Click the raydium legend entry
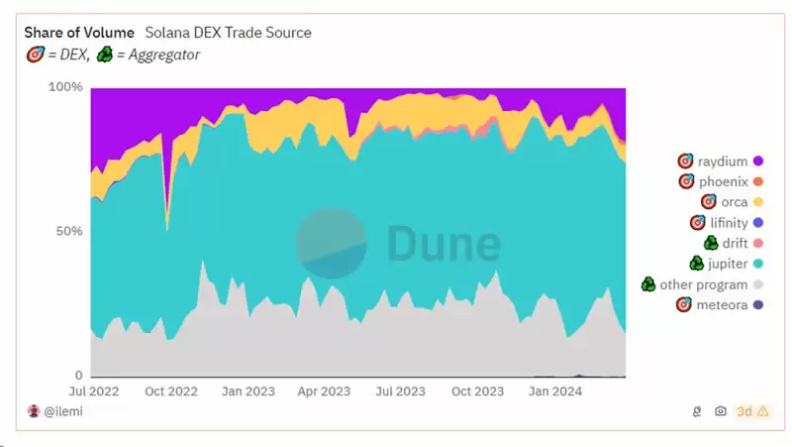point(723,161)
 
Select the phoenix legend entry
point(723,181)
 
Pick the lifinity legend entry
point(729,223)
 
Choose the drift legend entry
point(734,243)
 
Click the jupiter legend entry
point(727,264)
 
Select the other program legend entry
point(703,284)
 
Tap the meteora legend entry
point(722,305)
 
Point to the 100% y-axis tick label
point(65,87)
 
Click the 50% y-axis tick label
point(68,231)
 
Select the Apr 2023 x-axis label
point(325,391)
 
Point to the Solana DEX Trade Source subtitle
point(228,33)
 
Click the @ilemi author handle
point(63,411)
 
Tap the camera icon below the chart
point(721,411)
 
